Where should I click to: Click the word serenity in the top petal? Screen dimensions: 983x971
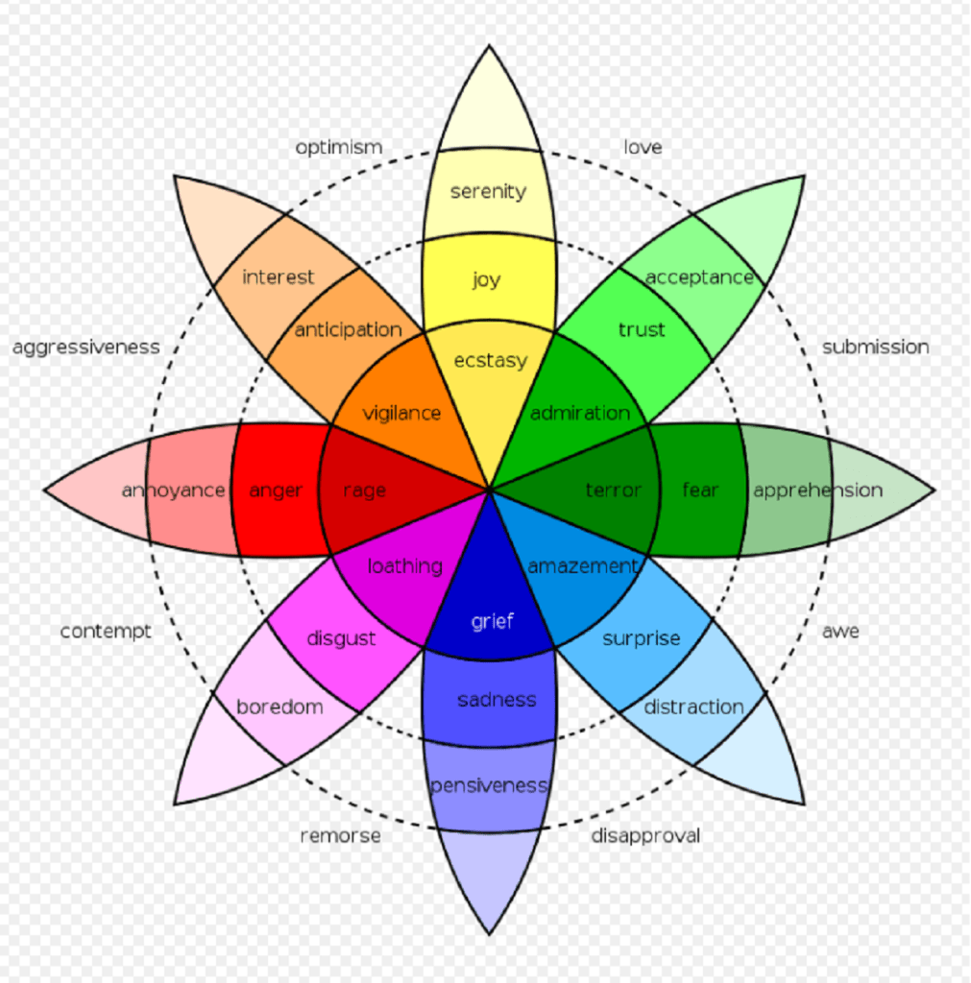[488, 191]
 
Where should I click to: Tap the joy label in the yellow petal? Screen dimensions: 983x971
[486, 280]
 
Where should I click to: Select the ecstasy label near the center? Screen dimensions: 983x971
[490, 360]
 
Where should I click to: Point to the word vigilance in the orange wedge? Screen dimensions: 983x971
[401, 414]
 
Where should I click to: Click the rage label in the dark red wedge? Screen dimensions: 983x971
[364, 491]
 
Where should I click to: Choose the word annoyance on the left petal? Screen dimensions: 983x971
[173, 491]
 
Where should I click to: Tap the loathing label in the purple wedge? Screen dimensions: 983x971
[404, 566]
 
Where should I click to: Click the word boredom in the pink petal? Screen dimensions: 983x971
[279, 707]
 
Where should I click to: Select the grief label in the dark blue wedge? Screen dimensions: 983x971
[492, 621]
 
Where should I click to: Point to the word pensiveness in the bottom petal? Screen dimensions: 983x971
[489, 785]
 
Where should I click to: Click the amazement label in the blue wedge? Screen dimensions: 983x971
[582, 566]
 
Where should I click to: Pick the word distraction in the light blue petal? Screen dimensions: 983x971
[693, 707]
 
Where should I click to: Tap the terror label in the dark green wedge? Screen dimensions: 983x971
[613, 491]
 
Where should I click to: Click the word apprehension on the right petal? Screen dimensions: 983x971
[817, 491]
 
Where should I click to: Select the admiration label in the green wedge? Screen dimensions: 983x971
[580, 413]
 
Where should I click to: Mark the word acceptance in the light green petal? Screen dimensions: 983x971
[699, 277]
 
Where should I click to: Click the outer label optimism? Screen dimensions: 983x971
[338, 148]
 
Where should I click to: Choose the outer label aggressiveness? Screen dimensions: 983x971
[85, 348]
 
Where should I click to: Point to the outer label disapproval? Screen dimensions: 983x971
[645, 836]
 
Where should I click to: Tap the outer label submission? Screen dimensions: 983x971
[875, 348]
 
